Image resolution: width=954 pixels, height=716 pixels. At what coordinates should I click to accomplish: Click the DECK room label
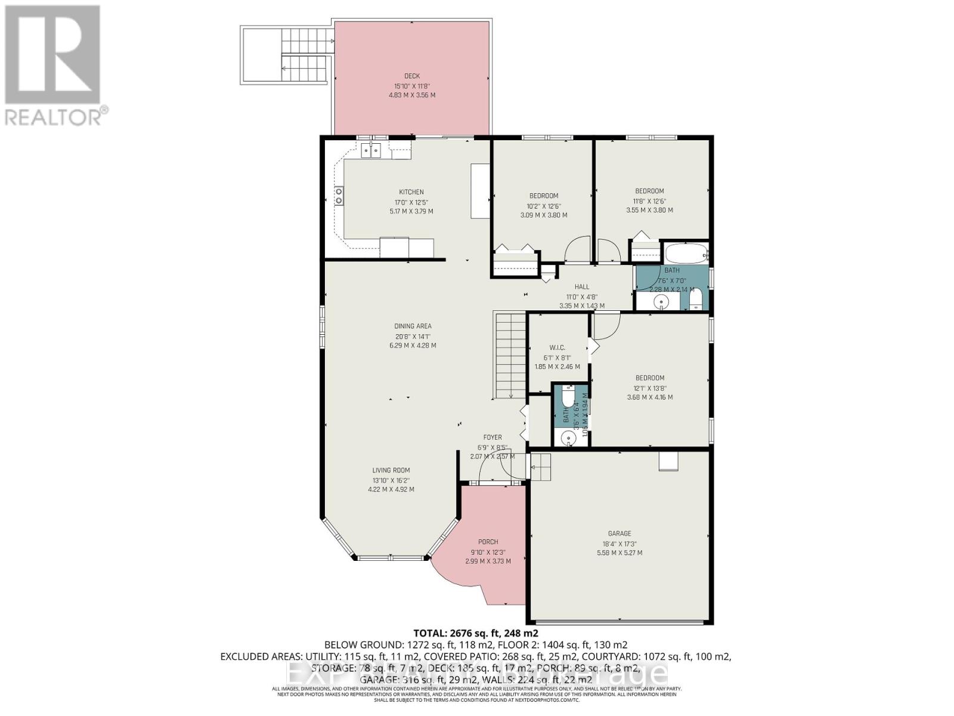pyautogui.click(x=412, y=76)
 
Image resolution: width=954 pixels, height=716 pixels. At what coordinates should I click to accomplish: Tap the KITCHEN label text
pyautogui.click(x=411, y=192)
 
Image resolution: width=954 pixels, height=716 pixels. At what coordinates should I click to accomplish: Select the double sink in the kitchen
pyautogui.click(x=371, y=150)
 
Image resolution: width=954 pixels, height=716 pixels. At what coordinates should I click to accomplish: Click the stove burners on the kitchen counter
pyautogui.click(x=339, y=196)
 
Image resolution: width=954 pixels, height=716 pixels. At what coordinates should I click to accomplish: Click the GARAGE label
pyautogui.click(x=620, y=533)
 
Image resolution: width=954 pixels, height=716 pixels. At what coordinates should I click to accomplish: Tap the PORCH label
pyautogui.click(x=488, y=542)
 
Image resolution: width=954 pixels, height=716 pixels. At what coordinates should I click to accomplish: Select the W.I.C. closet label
pyautogui.click(x=557, y=347)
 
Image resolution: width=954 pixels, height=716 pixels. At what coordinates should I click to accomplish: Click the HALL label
pyautogui.click(x=582, y=287)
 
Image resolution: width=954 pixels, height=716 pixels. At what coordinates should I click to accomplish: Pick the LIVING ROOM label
pyautogui.click(x=391, y=470)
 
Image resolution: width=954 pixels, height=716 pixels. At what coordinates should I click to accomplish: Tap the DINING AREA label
pyautogui.click(x=413, y=326)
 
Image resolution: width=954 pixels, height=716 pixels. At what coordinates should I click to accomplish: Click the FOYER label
pyautogui.click(x=493, y=437)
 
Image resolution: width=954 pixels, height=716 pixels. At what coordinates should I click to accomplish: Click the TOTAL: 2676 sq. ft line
pyautogui.click(x=476, y=633)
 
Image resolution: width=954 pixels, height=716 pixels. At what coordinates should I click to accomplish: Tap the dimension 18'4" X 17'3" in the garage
pyautogui.click(x=620, y=544)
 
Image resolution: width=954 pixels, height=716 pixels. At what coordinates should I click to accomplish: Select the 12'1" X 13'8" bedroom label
pyautogui.click(x=649, y=378)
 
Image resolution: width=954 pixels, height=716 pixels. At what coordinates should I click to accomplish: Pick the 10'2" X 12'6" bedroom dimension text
pyautogui.click(x=544, y=206)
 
